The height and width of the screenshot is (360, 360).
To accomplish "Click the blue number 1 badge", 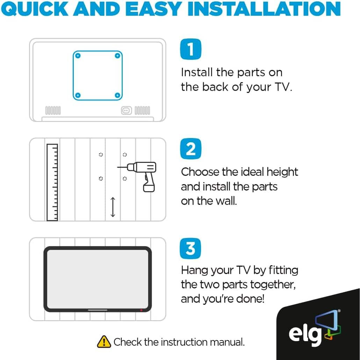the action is pos(190,49).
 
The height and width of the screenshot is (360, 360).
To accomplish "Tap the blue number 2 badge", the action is pos(190,149).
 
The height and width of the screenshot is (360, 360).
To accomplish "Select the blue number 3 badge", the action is pos(190,249).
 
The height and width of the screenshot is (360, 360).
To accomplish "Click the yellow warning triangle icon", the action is pos(104,341).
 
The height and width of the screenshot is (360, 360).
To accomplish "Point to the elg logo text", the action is pos(305,334).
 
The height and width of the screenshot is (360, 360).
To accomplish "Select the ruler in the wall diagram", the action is pos(52,182).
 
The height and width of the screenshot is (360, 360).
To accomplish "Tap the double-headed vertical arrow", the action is pos(113,207).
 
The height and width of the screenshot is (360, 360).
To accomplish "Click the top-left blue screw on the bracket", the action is pos(78,56).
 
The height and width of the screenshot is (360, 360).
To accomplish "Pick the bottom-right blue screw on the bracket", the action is pos(117,95).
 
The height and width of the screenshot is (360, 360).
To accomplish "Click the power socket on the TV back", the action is pos(127,110).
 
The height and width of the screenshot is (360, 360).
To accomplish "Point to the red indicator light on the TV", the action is pos(141,310).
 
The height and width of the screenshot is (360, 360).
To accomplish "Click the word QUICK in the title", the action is pos(35,9).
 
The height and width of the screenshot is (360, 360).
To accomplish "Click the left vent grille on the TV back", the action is pos(53,110).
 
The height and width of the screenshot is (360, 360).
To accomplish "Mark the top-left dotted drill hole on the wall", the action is pos(101,154).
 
